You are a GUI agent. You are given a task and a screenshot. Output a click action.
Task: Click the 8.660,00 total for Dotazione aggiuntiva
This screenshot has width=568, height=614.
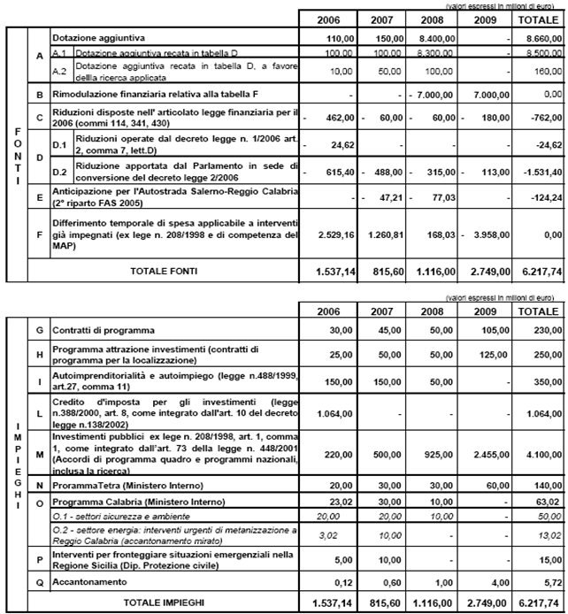pos(540,40)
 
